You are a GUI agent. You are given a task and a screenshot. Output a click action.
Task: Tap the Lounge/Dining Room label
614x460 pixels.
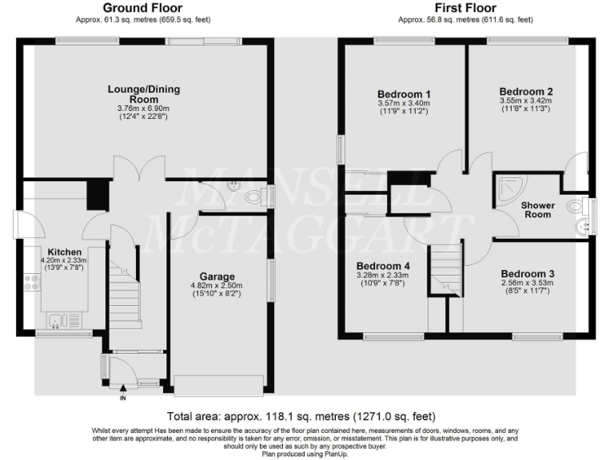145,94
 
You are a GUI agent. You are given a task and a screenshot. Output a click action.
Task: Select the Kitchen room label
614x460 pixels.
64,250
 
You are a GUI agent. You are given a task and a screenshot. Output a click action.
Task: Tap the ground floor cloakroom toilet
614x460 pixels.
254,197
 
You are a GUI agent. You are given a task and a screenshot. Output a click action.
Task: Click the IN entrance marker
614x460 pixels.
122,397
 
